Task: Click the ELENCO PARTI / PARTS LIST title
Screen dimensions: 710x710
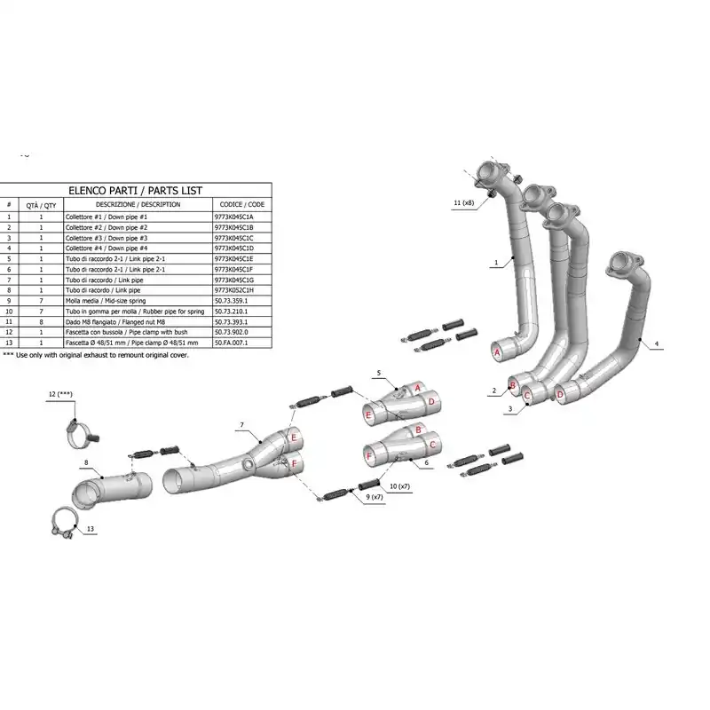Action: pyautogui.click(x=136, y=191)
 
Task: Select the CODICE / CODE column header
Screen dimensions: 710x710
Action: pyautogui.click(x=241, y=205)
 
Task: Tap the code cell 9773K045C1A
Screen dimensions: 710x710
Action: pyautogui.click(x=233, y=217)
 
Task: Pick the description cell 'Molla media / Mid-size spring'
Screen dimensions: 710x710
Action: pyautogui.click(x=106, y=301)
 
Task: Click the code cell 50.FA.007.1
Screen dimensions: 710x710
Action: pyautogui.click(x=231, y=343)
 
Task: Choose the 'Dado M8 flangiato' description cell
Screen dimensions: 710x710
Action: pyautogui.click(x=115, y=322)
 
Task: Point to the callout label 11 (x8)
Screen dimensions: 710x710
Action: pyautogui.click(x=463, y=203)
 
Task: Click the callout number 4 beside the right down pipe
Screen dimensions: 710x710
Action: pyautogui.click(x=657, y=344)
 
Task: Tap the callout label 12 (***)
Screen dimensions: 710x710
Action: pyautogui.click(x=60, y=394)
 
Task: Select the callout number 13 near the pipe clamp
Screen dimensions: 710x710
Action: pyautogui.click(x=91, y=529)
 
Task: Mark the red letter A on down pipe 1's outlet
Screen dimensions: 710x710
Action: pyautogui.click(x=497, y=352)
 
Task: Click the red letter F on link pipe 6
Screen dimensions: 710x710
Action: pyautogui.click(x=369, y=456)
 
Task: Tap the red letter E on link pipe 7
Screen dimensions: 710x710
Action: pyautogui.click(x=294, y=438)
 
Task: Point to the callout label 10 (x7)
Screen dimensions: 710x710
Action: pyautogui.click(x=399, y=486)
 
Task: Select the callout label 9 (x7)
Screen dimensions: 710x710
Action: pyautogui.click(x=375, y=497)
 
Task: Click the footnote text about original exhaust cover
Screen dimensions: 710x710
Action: pyautogui.click(x=96, y=355)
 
